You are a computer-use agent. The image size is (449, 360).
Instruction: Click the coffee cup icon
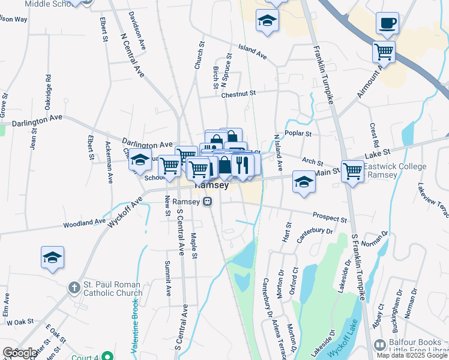click(387, 23)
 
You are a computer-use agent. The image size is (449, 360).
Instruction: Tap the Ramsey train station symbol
click(207, 202)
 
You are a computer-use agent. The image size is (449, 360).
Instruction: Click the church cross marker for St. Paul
click(73, 287)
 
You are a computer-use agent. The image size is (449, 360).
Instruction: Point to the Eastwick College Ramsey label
click(394, 170)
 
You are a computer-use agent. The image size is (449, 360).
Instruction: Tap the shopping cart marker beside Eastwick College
click(352, 170)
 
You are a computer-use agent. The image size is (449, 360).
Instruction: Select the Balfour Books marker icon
click(379, 345)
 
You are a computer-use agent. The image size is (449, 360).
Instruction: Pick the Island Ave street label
click(252, 52)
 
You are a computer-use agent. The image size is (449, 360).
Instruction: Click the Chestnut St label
click(238, 94)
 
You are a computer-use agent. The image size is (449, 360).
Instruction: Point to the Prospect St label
click(330, 217)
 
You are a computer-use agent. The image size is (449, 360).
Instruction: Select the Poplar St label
click(298, 134)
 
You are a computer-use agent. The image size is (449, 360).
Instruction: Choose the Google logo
click(19, 353)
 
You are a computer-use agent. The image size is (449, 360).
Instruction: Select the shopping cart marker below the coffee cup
click(383, 51)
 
